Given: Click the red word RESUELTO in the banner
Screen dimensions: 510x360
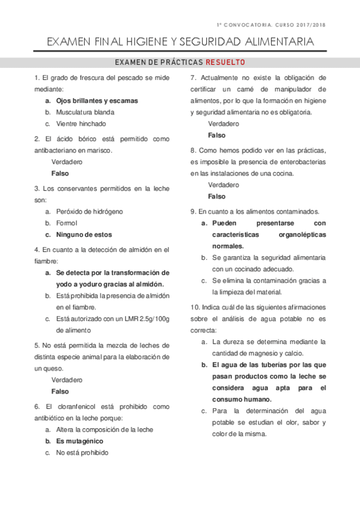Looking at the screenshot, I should pos(225,63).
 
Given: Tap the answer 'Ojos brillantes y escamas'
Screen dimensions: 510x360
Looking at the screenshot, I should pos(97,100).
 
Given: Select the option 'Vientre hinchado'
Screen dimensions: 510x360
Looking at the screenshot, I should pos(81,124).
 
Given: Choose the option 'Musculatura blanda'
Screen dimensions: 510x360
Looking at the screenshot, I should pos(85,112).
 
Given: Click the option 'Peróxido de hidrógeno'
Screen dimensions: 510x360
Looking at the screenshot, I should pos(90,212).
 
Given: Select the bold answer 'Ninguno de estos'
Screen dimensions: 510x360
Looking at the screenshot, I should pos(84,235).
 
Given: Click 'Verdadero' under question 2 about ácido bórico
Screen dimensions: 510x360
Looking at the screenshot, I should pos(67,162).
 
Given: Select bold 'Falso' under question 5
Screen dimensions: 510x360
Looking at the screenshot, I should pos(61,391).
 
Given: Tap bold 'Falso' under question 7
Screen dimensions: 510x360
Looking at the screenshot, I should pos(217,135).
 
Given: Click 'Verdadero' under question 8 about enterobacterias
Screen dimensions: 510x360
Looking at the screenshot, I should pos(224,185).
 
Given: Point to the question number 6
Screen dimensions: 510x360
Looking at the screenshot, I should pos(37,407).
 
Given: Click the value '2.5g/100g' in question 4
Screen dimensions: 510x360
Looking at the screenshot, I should pos(154,318).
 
